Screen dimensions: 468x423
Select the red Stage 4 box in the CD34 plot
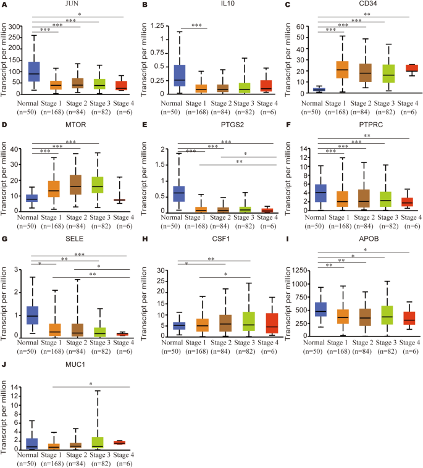coord(411,68)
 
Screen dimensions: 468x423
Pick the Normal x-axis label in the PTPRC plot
coord(316,219)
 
